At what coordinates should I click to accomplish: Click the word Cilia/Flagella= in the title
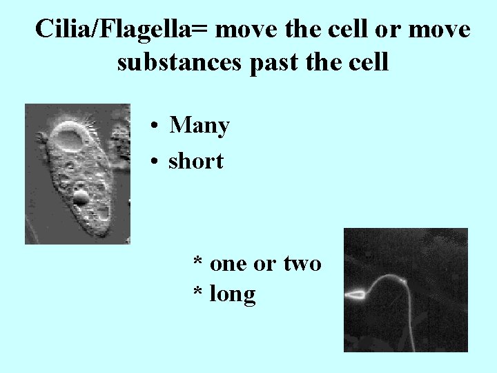coord(125,30)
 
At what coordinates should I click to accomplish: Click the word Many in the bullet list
coord(199,126)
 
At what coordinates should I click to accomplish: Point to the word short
coord(196,162)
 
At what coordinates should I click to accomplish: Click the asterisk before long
coord(198,293)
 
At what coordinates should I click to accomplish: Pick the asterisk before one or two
coord(198,262)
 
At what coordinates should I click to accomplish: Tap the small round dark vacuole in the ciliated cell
coord(81,199)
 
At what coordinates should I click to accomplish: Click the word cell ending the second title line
coord(370,62)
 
